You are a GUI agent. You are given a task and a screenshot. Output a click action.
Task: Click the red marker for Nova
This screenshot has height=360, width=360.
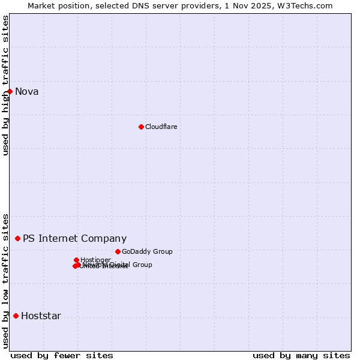(10, 91)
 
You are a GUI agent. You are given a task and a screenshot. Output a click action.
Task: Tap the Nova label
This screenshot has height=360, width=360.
(27, 92)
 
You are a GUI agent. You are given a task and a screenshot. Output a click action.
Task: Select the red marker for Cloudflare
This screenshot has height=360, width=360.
(141, 127)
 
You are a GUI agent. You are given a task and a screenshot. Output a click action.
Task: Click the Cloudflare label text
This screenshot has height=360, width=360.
(161, 127)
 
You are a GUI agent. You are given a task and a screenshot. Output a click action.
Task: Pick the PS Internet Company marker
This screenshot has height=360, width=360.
(17, 238)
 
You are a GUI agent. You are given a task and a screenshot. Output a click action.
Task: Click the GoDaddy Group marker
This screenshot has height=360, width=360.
(118, 251)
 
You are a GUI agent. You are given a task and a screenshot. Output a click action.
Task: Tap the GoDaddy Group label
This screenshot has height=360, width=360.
(147, 251)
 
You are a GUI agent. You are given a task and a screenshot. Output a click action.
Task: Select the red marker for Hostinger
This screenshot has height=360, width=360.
(76, 260)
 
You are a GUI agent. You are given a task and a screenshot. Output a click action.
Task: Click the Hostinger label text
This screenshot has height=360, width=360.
(95, 260)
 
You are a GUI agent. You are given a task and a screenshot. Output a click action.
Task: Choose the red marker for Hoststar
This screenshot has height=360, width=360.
(16, 316)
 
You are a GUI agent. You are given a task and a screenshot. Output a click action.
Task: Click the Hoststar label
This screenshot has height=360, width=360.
(41, 316)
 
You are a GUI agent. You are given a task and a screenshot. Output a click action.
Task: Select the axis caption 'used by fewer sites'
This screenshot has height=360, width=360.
(62, 355)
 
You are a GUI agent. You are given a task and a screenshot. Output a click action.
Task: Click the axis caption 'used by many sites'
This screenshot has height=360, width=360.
(301, 355)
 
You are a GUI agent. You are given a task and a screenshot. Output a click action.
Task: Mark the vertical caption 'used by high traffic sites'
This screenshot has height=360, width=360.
(5, 85)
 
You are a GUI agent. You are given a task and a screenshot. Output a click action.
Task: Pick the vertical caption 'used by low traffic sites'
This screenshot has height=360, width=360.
(5, 281)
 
